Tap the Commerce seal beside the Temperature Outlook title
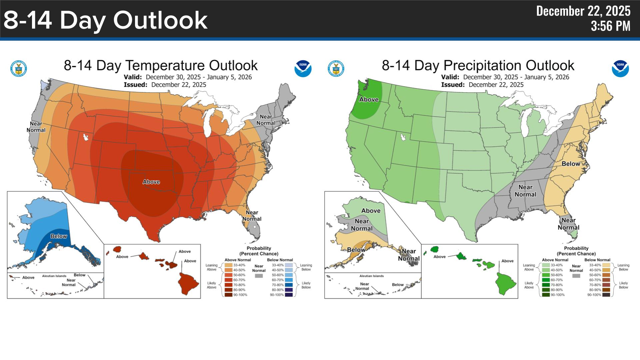[x=19, y=69]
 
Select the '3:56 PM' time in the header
[x=610, y=26]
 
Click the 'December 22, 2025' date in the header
[x=583, y=11]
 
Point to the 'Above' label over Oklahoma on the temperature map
[x=151, y=182]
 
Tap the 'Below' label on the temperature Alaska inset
[x=59, y=236]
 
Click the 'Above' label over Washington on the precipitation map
[x=369, y=99]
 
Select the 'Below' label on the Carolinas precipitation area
[x=571, y=164]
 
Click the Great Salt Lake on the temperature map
[x=86, y=137]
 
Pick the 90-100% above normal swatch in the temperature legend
[x=228, y=295]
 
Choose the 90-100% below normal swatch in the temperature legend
[x=289, y=295]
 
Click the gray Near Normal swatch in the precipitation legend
[x=576, y=276]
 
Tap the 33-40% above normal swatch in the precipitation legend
[x=546, y=265]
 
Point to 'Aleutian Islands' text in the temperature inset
[x=54, y=276]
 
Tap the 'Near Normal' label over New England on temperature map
[x=266, y=120]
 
